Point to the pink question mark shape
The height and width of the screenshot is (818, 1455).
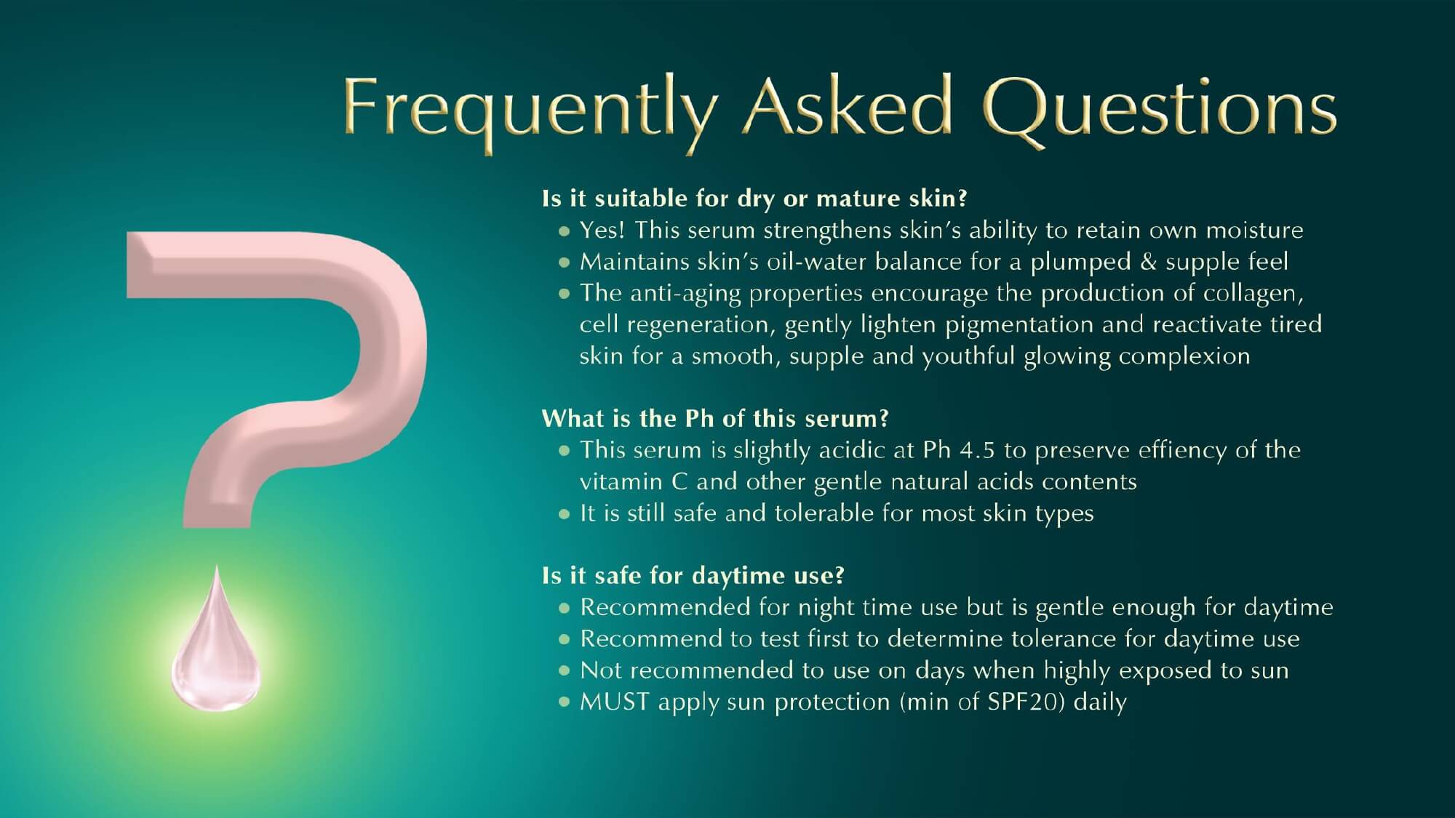276,378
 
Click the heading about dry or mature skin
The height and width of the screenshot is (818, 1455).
754,199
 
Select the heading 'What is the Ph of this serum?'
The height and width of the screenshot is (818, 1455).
715,418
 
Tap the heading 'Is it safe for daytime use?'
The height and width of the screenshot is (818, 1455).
693,576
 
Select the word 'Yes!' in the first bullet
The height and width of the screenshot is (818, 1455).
602,230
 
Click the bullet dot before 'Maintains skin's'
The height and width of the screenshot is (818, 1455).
564,262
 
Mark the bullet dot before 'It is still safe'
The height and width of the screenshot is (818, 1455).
564,514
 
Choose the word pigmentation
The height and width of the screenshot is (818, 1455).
1019,326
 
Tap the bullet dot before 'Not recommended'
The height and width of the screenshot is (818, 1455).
564,671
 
